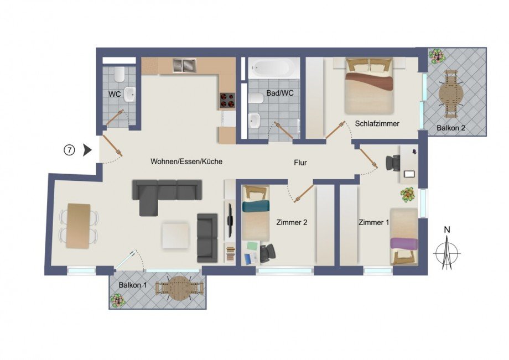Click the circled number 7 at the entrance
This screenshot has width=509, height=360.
coord(69,150)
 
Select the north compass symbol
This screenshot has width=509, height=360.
coord(448,252)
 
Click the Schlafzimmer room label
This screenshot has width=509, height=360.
coord(377,123)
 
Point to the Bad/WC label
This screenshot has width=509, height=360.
coord(279,93)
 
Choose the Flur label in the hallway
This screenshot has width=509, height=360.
coord(300,163)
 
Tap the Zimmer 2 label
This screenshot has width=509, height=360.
coord(292,223)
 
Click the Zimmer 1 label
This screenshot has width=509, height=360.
coord(373,223)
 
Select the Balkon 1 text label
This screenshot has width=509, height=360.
coord(132,285)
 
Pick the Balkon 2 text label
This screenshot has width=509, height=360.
coord(451,128)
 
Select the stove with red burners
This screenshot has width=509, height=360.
coord(227,100)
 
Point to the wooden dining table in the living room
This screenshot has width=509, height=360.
coord(78,226)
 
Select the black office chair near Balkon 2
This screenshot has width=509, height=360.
coord(393,162)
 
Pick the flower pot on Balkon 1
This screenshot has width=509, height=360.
coord(117,300)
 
